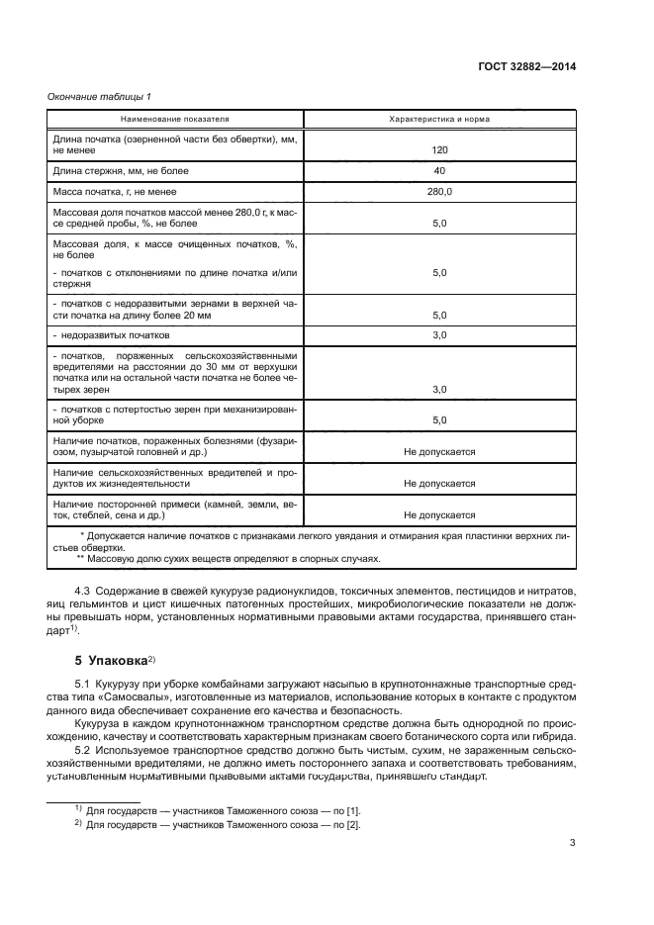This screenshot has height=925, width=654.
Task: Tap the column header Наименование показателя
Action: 174,119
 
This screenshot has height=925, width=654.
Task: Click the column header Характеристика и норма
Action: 439,119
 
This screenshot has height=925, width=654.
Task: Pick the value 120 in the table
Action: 439,151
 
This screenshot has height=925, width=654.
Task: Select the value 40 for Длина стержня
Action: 439,171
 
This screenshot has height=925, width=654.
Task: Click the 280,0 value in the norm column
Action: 439,192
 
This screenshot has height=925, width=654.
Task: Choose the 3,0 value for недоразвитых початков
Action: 439,335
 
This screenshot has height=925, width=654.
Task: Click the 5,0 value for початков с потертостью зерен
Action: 439,419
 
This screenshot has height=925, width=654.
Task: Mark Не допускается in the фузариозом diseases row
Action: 439,451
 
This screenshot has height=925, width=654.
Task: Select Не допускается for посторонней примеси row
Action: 439,514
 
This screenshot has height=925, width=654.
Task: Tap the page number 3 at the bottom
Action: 573,843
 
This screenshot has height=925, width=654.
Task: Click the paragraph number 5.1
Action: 84,685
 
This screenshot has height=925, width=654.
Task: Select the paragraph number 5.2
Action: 84,750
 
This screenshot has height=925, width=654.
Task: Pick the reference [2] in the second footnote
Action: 353,823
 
